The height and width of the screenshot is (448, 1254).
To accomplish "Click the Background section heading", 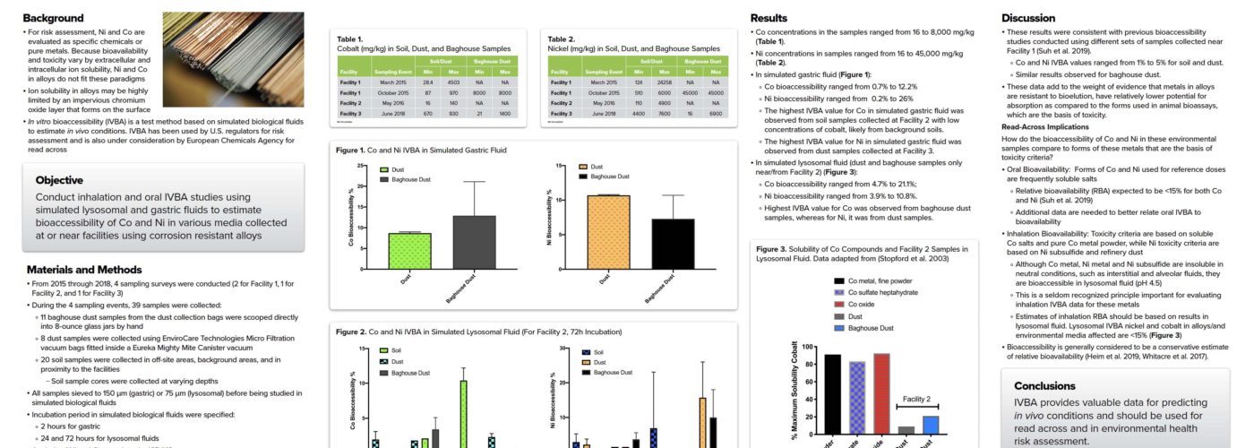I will (x=54, y=18).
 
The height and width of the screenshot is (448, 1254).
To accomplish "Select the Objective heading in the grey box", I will (x=59, y=180).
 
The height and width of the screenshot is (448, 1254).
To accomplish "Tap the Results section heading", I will (x=769, y=18).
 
